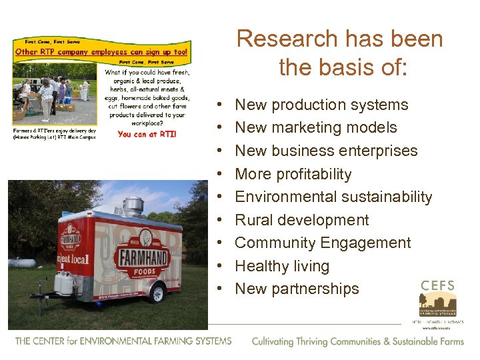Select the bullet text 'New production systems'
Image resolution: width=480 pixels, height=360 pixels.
click(321, 105)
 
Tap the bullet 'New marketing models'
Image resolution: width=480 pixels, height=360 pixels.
click(316, 127)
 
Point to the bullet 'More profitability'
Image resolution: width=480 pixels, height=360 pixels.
click(293, 174)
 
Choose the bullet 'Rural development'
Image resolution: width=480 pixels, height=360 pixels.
click(302, 220)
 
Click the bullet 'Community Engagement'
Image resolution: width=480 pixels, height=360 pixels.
click(323, 243)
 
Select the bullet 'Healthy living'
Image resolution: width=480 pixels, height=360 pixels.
click(282, 266)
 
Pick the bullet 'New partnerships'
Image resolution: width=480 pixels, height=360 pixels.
click(297, 289)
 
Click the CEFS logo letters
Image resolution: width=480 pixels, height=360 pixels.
click(437, 286)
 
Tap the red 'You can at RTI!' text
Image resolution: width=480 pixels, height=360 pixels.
click(147, 134)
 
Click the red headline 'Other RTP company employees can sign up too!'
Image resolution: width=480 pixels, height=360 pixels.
click(101, 51)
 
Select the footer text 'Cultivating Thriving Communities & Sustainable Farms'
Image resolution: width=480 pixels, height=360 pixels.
click(357, 341)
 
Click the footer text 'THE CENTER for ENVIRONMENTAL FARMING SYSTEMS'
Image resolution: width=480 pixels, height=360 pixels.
click(123, 341)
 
